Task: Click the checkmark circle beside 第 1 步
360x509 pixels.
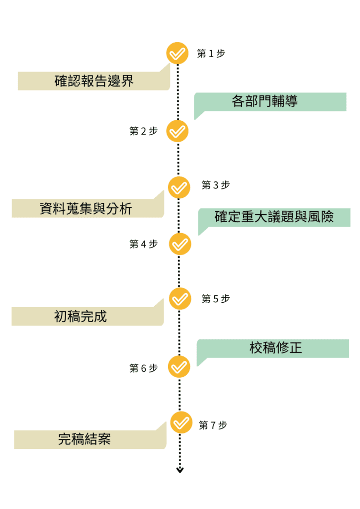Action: point(178,53)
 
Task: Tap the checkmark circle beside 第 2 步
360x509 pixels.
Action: point(178,131)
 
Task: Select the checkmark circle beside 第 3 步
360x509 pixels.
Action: point(179,187)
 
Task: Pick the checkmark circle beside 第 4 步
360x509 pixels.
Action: point(180,244)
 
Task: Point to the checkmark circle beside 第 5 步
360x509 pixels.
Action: point(180,299)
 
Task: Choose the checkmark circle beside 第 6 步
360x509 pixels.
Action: point(179,367)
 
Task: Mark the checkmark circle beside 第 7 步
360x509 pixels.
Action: point(181,423)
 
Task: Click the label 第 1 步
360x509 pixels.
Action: point(211,54)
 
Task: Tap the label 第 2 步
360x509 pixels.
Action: point(143,131)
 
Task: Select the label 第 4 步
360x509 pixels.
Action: point(143,244)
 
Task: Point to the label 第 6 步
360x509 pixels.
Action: point(143,368)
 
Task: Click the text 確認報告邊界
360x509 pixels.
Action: point(94,81)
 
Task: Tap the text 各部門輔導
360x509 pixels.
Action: point(265,101)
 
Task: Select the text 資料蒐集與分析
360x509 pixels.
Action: point(86,208)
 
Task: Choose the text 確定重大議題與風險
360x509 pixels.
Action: point(274,217)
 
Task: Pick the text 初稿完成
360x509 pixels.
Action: point(81,316)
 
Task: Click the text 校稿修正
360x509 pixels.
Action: point(275,348)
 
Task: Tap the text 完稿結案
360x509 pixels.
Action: point(85,439)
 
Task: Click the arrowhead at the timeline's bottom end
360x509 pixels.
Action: point(180,470)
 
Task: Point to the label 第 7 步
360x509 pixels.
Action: point(213,425)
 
